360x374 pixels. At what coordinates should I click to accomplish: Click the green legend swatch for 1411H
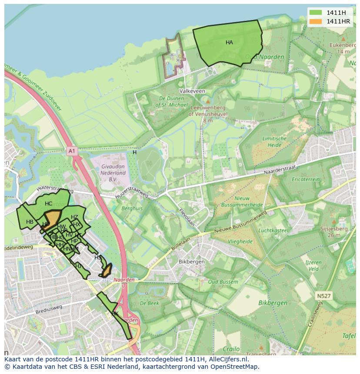point(316,13)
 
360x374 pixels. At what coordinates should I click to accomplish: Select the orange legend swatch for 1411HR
point(316,21)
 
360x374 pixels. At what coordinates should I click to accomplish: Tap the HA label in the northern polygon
point(229,43)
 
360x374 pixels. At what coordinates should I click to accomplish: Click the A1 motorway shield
point(72,151)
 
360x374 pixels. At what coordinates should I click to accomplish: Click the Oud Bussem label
point(223,282)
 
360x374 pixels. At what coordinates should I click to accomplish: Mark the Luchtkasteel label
point(273,230)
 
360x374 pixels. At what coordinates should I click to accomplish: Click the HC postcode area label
point(48,204)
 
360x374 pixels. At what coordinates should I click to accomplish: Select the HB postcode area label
point(30,222)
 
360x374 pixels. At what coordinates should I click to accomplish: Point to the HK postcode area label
point(115,313)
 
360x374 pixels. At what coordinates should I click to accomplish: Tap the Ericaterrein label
point(306,179)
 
